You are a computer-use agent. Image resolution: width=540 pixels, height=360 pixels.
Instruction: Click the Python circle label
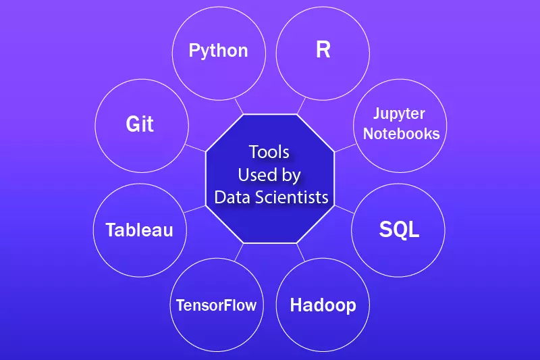218,51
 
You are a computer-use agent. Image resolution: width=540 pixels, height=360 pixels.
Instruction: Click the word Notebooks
401,133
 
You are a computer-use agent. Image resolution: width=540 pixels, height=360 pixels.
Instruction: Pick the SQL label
399,229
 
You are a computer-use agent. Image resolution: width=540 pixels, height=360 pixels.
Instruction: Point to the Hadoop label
323,305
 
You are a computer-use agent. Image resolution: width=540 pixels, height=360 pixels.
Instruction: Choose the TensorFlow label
216,305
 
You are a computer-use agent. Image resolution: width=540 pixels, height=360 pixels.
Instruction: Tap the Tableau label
139,230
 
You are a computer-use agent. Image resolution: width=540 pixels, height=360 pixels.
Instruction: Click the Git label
140,124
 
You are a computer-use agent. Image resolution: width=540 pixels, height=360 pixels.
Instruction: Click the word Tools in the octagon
269,151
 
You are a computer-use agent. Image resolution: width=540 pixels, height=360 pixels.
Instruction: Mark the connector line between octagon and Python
238,107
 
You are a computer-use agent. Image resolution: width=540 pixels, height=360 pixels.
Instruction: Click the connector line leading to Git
195,147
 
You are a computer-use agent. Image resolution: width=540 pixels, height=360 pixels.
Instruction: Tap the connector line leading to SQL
344,210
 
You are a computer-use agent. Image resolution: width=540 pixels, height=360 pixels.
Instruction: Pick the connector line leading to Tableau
194,210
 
